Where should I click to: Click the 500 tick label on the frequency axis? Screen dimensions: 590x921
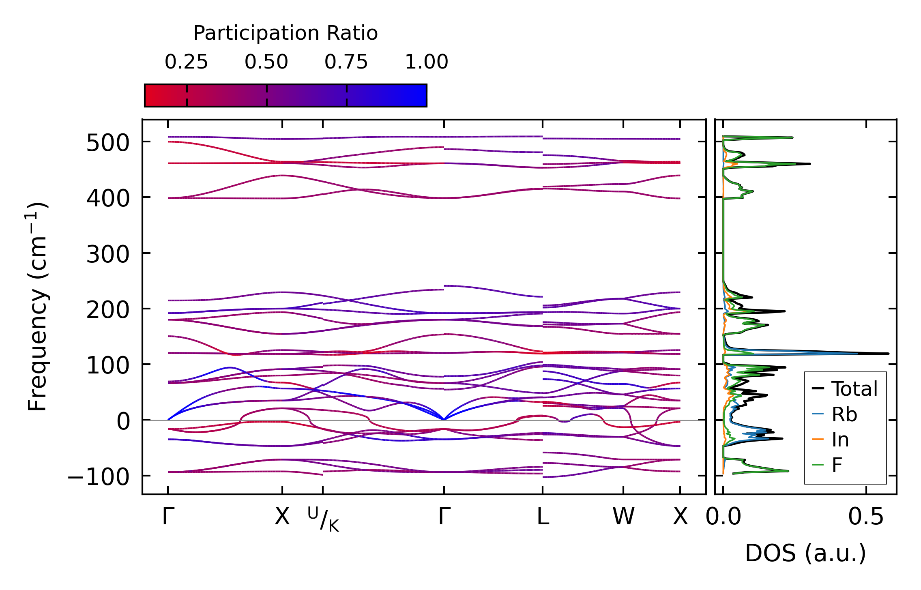tap(107, 143)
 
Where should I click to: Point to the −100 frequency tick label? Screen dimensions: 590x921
tap(98, 477)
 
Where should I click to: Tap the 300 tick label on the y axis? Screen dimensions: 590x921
tap(107, 255)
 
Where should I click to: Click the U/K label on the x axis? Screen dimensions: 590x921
tap(323, 519)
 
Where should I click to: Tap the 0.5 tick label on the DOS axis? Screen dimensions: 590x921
tap(866, 517)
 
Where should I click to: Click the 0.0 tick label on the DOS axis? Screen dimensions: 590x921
tap(723, 517)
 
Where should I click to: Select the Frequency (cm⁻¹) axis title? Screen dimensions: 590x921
tap(37, 307)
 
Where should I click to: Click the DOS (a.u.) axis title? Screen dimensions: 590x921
tap(805, 553)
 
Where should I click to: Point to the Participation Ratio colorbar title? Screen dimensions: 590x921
tap(286, 33)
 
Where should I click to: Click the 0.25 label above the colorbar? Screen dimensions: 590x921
tap(186, 62)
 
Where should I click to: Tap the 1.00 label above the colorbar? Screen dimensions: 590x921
tap(426, 62)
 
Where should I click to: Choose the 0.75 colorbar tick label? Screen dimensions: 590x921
tap(346, 62)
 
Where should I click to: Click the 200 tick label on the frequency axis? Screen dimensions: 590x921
tap(107, 310)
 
